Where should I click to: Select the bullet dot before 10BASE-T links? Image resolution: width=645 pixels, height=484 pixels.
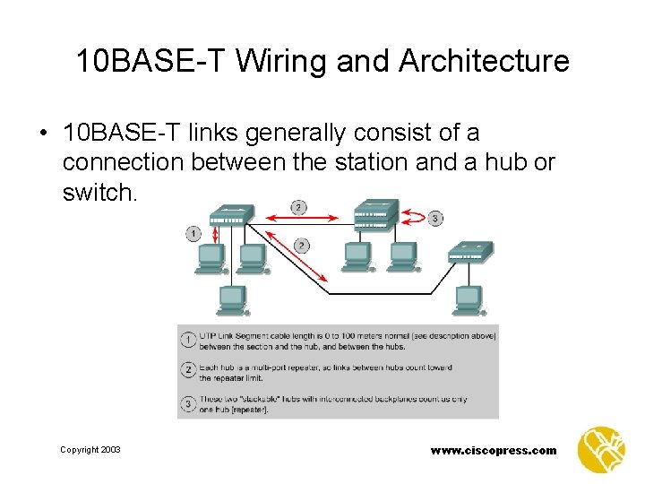tap(42, 134)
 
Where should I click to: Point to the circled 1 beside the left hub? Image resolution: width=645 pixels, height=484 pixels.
tap(193, 233)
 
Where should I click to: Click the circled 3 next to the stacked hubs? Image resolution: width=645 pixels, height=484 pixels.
tap(436, 218)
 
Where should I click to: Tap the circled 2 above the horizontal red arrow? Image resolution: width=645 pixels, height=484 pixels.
tap(298, 207)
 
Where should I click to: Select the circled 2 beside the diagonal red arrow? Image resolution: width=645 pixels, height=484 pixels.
tap(302, 245)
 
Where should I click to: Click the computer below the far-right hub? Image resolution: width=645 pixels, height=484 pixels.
tap(467, 298)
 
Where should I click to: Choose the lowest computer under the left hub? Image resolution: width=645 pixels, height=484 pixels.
tap(232, 298)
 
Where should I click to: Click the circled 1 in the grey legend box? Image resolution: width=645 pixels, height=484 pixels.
tap(188, 340)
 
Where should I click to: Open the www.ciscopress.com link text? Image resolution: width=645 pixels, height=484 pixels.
tap(492, 450)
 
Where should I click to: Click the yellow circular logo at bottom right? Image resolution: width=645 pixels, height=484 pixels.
tap(601, 448)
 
